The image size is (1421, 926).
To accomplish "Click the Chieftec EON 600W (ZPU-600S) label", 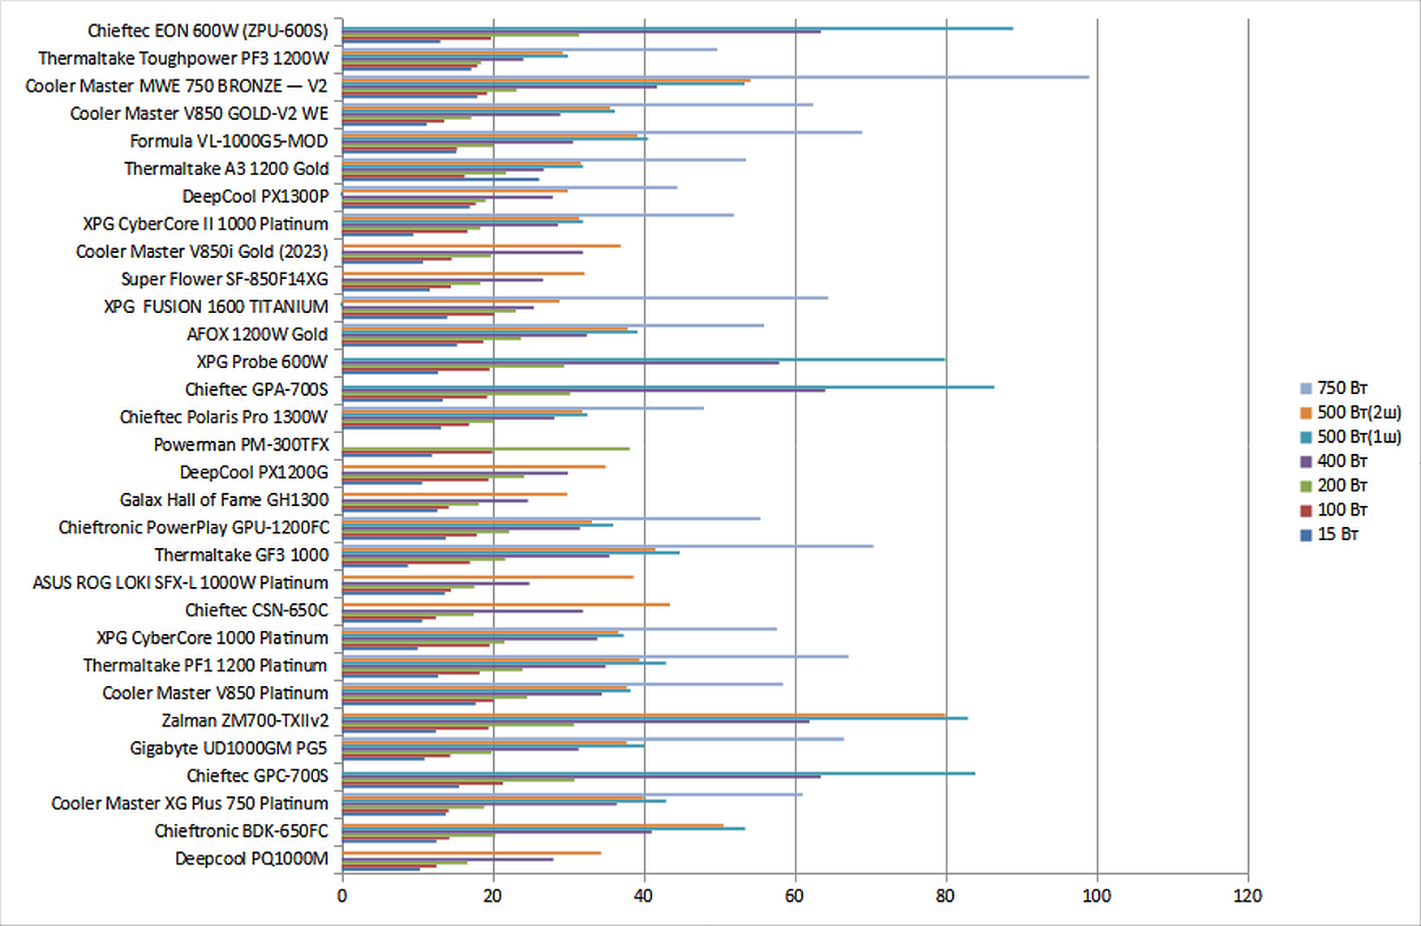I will click(x=208, y=31).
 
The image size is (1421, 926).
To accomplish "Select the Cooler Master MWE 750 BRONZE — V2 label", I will click(x=176, y=86).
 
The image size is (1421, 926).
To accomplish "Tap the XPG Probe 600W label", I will click(x=262, y=362).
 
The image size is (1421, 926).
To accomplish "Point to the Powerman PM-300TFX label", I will click(x=241, y=444).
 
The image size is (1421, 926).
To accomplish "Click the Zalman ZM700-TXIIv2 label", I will click(x=245, y=720).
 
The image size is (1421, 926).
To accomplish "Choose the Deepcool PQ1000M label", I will click(x=251, y=858).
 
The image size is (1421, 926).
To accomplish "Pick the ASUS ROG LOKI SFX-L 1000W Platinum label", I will click(x=180, y=582).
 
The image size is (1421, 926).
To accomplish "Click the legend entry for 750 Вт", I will click(x=1342, y=388).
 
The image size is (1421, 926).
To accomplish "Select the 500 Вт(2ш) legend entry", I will click(x=1359, y=413).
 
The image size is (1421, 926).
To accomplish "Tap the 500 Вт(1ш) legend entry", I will click(x=1359, y=437).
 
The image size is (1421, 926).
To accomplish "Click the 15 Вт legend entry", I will click(x=1337, y=534).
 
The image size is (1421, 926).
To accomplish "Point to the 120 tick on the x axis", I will click(x=1247, y=896).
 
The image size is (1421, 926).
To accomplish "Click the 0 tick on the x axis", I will click(x=342, y=896).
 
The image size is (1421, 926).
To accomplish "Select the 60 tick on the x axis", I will click(x=795, y=896).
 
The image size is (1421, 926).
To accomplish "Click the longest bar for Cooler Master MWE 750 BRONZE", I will click(x=714, y=77).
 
